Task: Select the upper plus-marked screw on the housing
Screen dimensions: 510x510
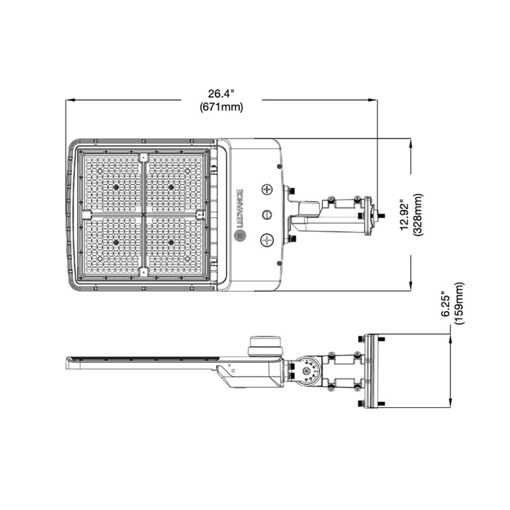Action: coord(267,189)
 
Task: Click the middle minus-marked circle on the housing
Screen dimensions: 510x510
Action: coord(267,214)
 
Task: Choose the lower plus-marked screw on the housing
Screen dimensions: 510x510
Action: coord(267,239)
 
